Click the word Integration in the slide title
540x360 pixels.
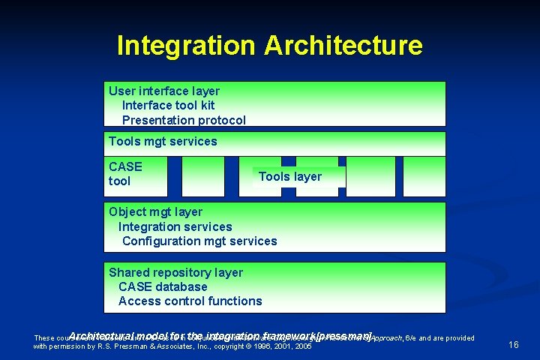(186, 46)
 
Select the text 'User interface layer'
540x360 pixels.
(164, 91)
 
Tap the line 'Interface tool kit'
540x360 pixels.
(168, 105)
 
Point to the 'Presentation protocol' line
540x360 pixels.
(184, 120)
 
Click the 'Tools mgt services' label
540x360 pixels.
(163, 141)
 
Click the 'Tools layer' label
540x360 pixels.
(289, 176)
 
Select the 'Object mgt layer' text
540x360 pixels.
(155, 211)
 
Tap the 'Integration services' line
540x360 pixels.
(175, 226)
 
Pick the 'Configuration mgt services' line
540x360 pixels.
(199, 241)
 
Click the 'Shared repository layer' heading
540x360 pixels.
(175, 272)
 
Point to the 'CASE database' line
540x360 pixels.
(163, 286)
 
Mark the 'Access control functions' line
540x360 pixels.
(190, 301)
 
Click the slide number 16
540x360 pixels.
(514, 344)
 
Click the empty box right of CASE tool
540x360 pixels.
(202, 176)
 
